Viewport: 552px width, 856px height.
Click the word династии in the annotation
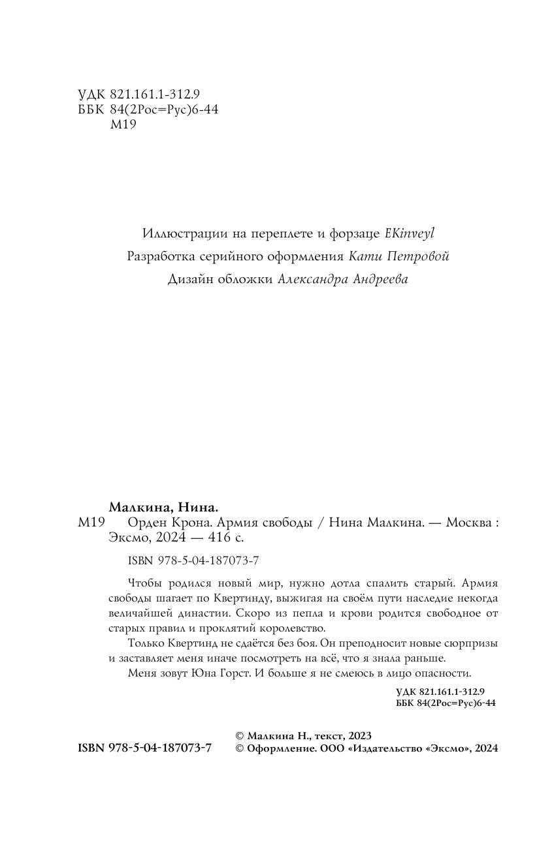(x=199, y=613)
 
